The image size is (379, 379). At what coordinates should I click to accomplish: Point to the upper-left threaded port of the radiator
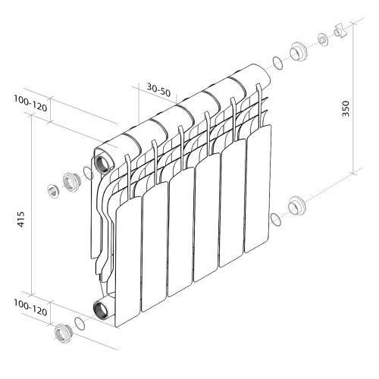tap(101, 162)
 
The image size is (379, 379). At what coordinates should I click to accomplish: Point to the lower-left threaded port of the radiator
tap(100, 309)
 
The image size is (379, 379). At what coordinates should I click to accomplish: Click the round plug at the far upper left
tap(52, 189)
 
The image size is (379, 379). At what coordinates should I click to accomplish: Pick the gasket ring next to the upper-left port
tap(89, 174)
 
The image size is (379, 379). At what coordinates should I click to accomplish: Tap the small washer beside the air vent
tap(321, 39)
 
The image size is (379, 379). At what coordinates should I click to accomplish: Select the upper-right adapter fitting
tap(296, 52)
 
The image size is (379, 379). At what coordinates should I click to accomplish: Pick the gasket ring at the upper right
tap(277, 63)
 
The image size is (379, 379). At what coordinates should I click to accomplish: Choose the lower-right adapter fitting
tap(296, 205)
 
